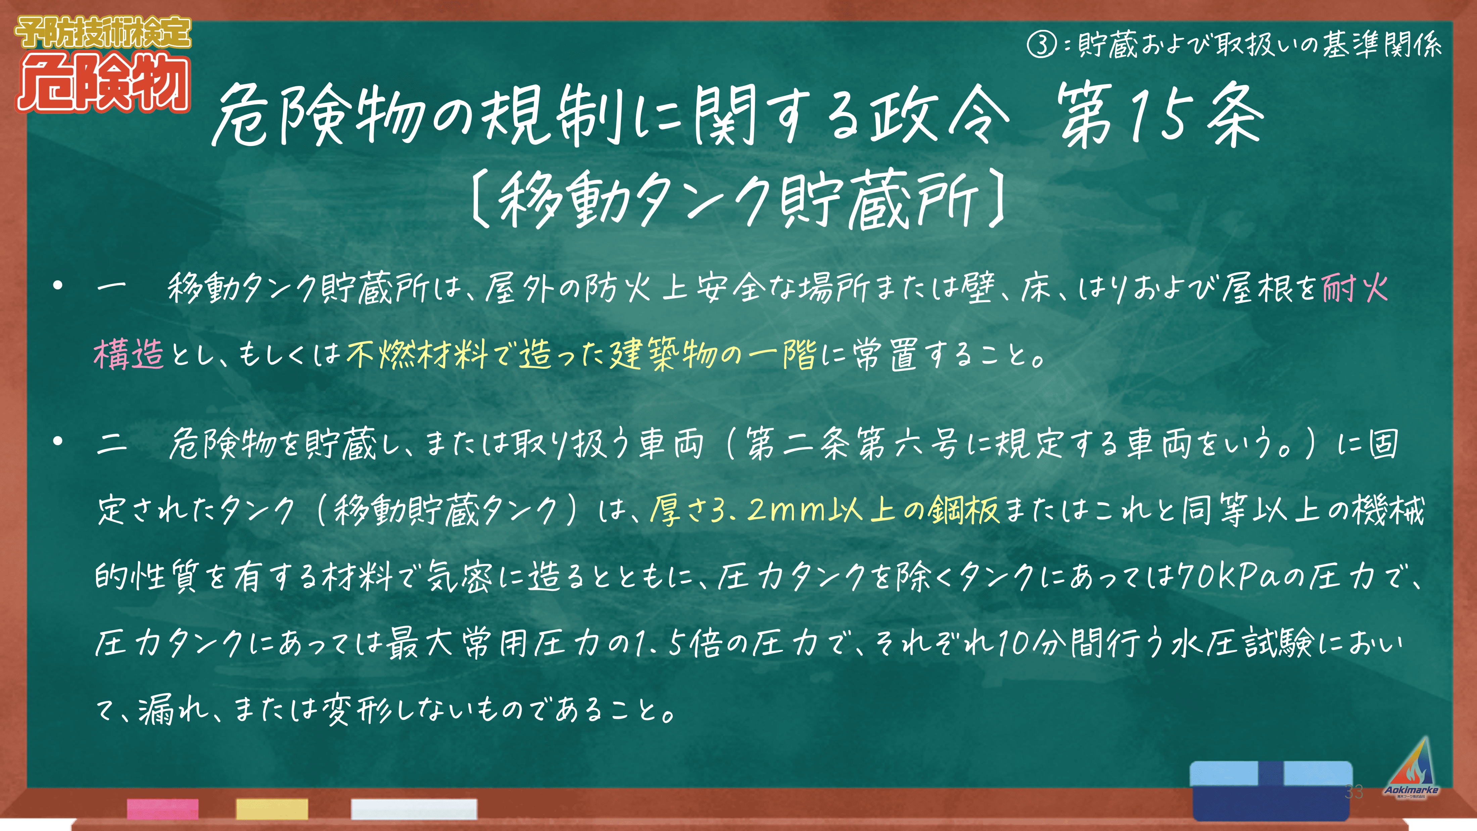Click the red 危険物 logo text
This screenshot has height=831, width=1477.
pos(103,82)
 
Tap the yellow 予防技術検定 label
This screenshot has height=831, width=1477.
pos(103,32)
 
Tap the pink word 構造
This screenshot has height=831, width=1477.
pos(129,354)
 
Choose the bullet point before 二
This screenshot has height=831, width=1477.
pos(57,441)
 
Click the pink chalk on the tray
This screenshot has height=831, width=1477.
pos(163,809)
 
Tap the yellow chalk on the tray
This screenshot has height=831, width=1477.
pos(272,809)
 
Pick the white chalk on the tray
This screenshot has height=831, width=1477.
pos(414,809)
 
